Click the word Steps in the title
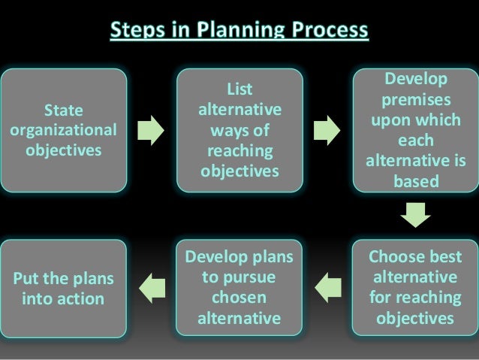point(136,32)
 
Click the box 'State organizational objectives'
point(64,130)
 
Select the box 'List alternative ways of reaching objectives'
point(239,130)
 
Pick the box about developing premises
point(414,130)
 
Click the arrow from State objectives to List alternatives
point(152,130)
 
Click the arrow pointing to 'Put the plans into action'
point(152,285)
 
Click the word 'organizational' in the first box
point(64,130)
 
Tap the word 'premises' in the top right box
point(414,100)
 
